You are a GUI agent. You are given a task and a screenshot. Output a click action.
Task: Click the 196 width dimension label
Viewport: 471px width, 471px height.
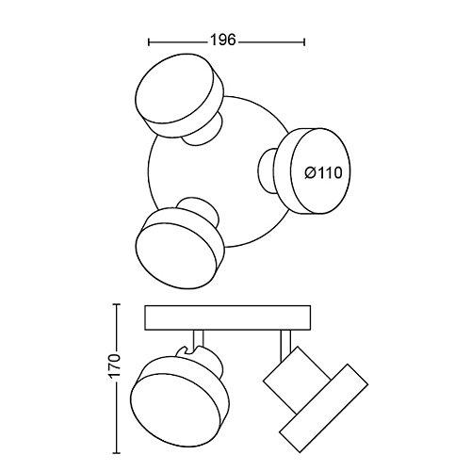222,41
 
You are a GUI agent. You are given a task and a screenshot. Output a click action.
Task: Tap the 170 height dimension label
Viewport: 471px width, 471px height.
115,366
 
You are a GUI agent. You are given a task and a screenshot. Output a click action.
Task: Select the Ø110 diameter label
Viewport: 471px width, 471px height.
323,173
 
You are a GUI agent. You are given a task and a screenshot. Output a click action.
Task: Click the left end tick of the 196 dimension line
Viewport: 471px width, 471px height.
149,41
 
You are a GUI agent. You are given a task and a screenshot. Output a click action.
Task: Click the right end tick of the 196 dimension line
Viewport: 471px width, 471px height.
304,41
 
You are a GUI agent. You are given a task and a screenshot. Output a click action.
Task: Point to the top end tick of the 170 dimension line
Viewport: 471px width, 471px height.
117,304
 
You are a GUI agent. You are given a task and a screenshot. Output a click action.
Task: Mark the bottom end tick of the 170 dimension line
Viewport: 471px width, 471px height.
117,453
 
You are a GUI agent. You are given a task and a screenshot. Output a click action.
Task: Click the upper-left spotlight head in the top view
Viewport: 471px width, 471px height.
180,95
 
